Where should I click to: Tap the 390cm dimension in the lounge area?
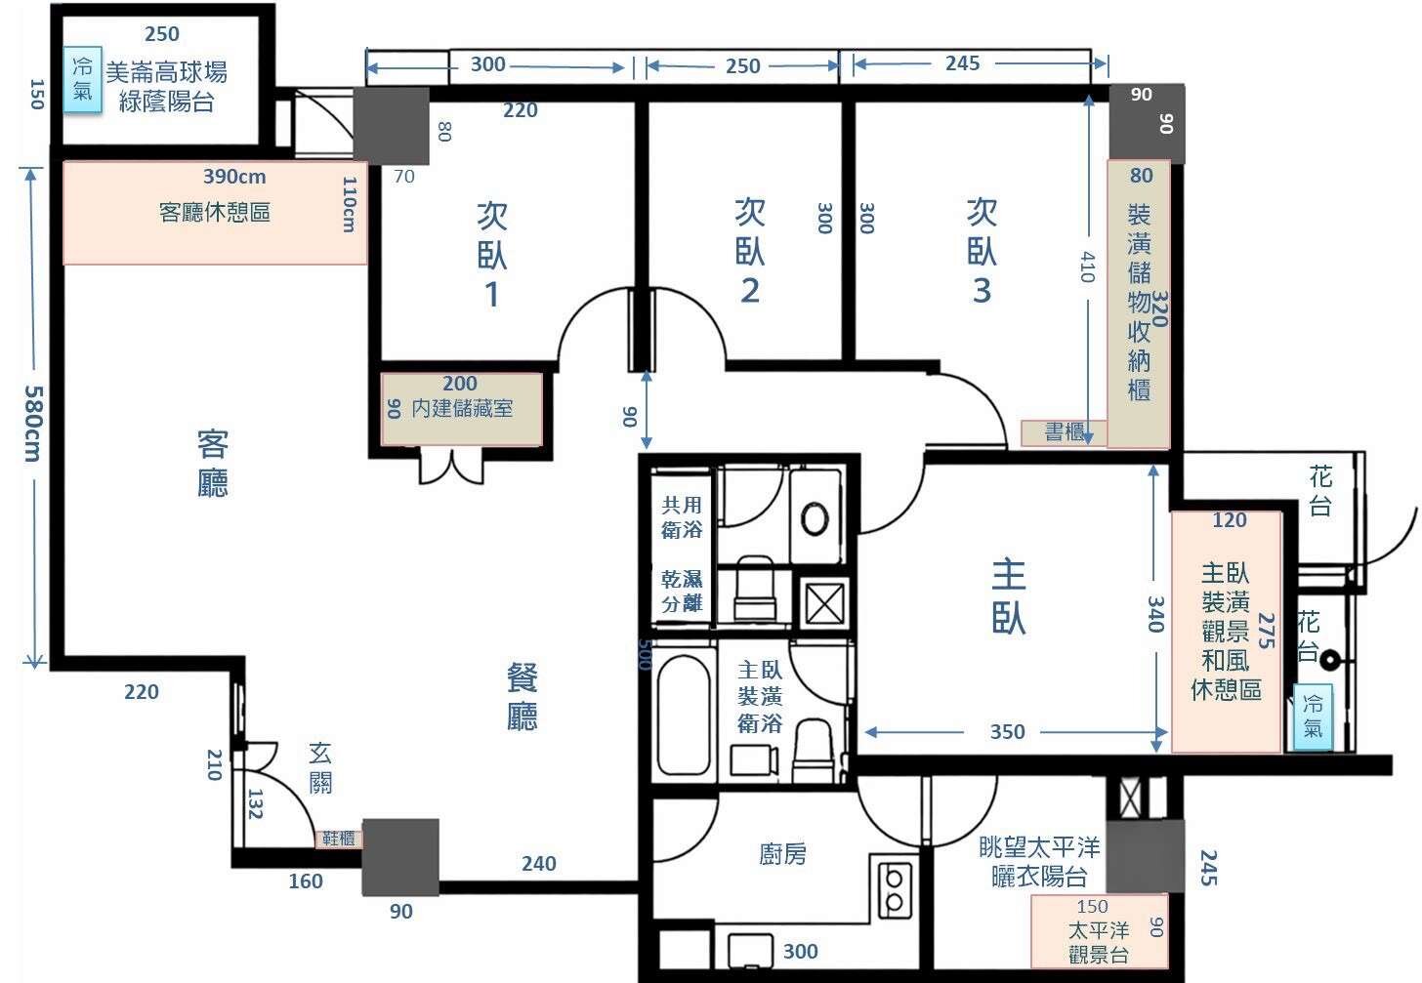[x=234, y=177]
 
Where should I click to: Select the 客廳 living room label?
[x=213, y=464]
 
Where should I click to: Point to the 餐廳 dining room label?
[x=522, y=696]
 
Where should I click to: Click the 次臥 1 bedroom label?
[x=492, y=255]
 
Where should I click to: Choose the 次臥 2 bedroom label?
[x=750, y=251]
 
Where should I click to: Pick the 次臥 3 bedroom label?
[x=982, y=251]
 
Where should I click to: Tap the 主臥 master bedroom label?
[x=1008, y=595]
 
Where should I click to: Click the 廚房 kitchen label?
[x=782, y=854]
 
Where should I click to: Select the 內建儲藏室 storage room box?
[x=462, y=409]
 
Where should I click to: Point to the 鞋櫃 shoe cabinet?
[x=338, y=839]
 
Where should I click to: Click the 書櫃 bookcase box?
[x=1064, y=432]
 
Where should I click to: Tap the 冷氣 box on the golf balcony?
[x=82, y=80]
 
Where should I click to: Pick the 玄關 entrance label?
[x=320, y=768]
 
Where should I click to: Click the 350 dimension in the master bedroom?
[x=1008, y=732]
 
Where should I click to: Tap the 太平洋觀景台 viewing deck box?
[x=1099, y=931]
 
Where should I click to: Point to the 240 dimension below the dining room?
[x=539, y=863]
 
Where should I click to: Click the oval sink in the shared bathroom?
[x=815, y=519]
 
